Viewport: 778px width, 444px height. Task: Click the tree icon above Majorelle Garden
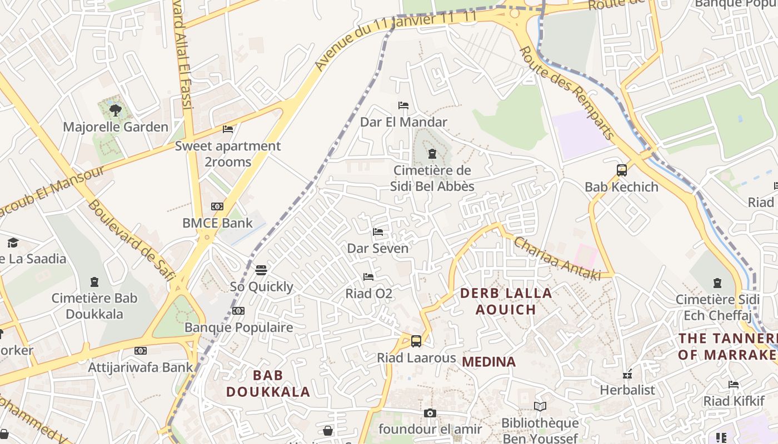[116, 110]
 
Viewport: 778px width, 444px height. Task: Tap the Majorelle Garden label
[116, 127]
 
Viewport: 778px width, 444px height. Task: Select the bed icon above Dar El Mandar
[403, 105]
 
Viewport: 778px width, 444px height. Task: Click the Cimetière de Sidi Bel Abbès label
[432, 178]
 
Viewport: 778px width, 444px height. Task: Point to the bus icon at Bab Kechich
[621, 170]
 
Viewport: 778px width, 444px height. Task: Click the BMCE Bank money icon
[217, 206]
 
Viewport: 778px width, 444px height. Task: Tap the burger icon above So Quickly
[261, 270]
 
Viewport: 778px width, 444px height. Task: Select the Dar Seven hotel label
[378, 249]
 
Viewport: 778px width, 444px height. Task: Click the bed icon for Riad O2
[368, 276]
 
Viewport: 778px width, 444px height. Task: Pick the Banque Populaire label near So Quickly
[239, 327]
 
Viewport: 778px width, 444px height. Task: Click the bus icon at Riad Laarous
[416, 341]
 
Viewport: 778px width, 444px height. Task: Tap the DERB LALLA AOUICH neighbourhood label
[506, 301]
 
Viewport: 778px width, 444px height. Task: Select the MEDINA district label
[489, 362]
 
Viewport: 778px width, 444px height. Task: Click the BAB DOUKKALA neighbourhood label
[268, 384]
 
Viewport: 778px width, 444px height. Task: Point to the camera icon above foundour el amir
[430, 413]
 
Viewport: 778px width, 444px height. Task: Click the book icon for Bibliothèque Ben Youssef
[540, 407]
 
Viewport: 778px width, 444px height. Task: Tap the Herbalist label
[627, 390]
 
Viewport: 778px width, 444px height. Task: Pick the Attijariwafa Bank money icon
[141, 351]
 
